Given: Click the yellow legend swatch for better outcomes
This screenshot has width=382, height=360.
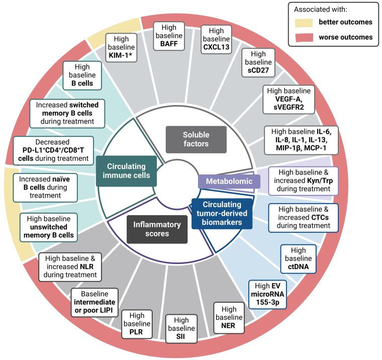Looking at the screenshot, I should [x=305, y=23].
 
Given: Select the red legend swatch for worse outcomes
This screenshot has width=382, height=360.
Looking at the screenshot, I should [x=305, y=37].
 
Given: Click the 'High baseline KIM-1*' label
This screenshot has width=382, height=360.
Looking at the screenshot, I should [x=121, y=47].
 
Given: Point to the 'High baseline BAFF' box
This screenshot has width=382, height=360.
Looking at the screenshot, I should [x=168, y=36].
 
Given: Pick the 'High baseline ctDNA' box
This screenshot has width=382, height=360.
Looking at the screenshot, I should [x=298, y=258].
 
